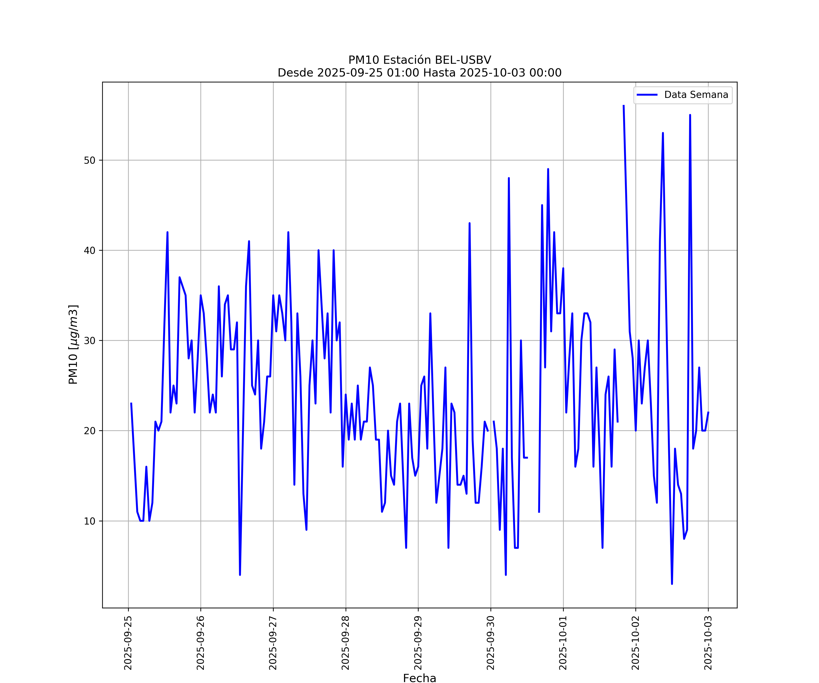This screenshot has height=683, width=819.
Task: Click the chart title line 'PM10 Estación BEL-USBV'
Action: point(420,60)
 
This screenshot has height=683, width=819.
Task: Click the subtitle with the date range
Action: point(420,73)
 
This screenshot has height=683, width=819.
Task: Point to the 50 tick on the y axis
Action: point(89,161)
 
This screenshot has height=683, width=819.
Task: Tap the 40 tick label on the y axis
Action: point(89,251)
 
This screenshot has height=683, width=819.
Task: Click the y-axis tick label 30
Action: point(89,341)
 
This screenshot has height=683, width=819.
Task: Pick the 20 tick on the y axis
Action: point(89,431)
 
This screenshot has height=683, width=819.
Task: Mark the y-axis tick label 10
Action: point(89,521)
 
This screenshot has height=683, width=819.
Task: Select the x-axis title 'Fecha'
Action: point(420,678)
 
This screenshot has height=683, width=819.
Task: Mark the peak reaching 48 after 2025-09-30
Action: point(509,178)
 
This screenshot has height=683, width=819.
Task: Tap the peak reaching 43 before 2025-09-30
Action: point(470,223)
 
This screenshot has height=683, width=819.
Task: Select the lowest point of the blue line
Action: point(672,584)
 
